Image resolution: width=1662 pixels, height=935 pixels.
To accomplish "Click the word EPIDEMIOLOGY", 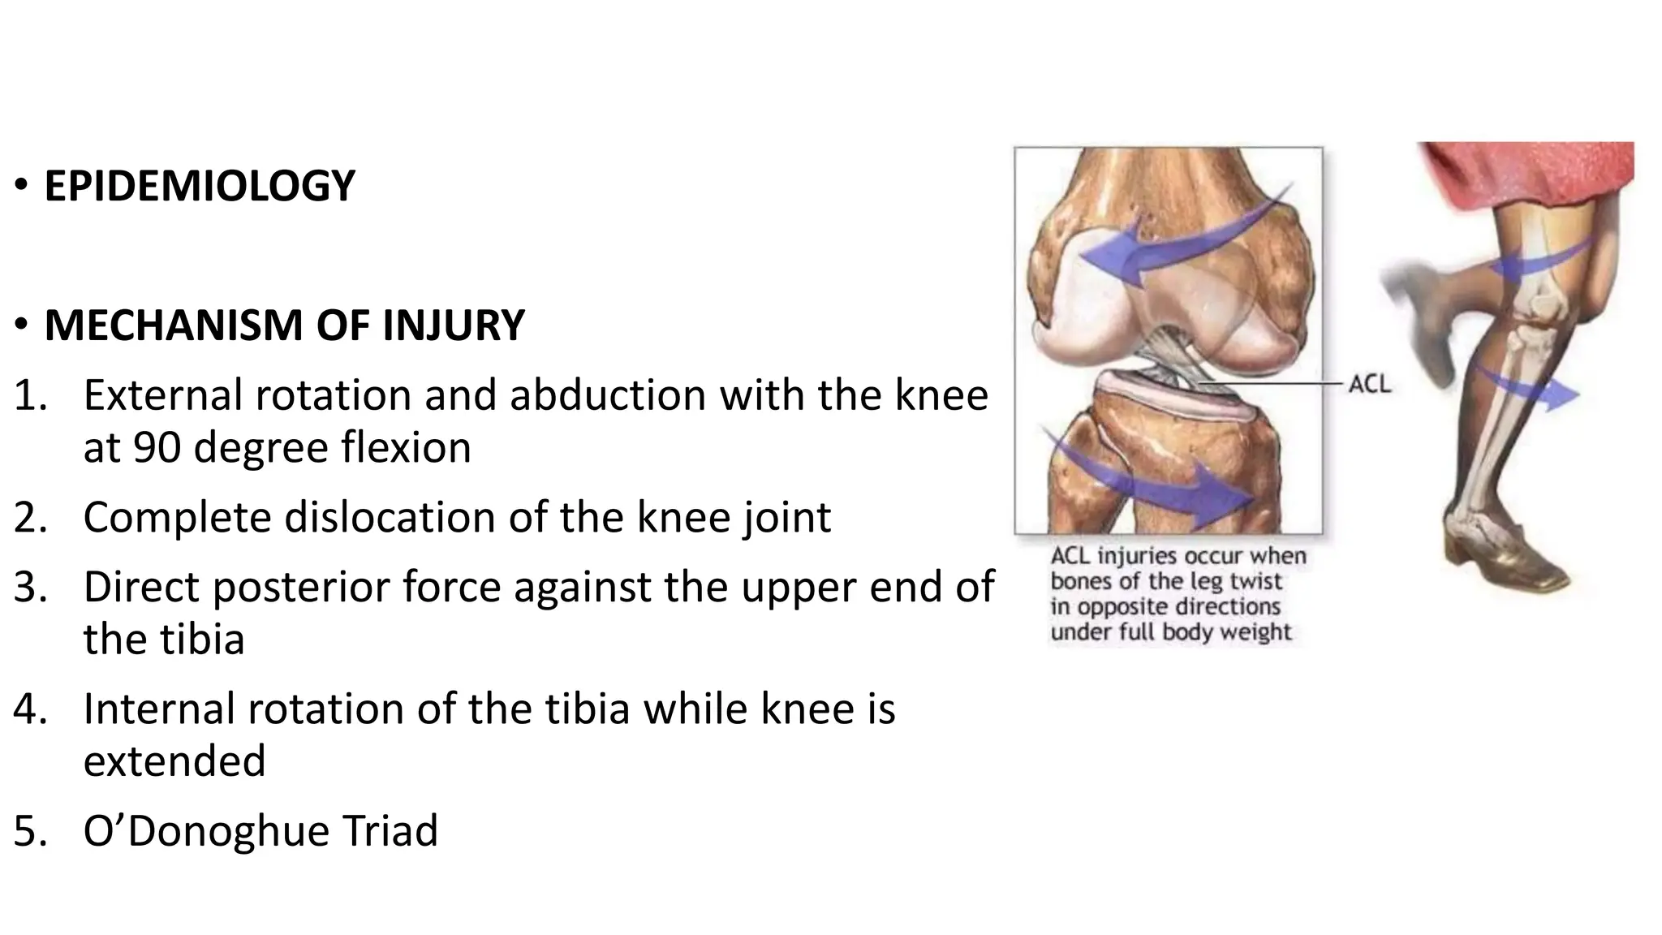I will pos(199,186).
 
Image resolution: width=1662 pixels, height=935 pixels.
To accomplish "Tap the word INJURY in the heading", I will pos(454,325).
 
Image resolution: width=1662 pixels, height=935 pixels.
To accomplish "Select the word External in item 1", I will pos(161,395).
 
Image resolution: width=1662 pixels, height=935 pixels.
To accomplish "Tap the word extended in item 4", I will pos(174,761).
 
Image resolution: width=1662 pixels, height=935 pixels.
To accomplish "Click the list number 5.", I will pos(31,831).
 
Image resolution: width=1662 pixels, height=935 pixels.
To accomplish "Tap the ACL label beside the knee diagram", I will pos(1369,383).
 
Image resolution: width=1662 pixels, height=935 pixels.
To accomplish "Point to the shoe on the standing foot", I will pos(1509,560).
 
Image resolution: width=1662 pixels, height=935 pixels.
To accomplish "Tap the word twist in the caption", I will pos(1256,581).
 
